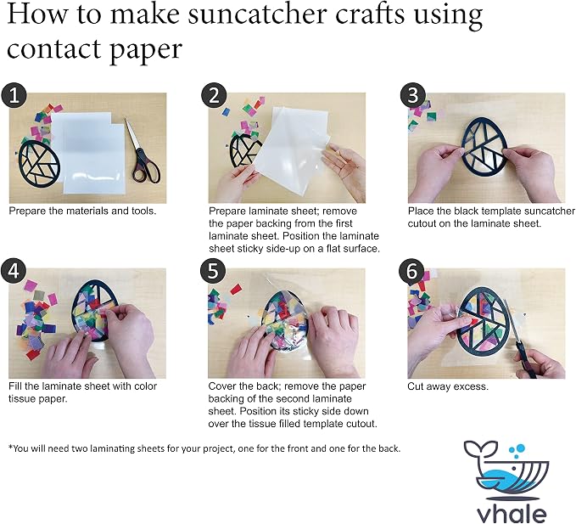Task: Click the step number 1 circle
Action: [x=14, y=95]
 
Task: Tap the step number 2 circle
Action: [x=214, y=95]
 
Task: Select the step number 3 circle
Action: [x=413, y=95]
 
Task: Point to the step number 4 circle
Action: [x=14, y=271]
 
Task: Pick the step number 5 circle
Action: [x=213, y=271]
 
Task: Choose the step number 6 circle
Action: [x=411, y=271]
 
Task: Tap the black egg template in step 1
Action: [x=39, y=164]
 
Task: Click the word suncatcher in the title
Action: [x=257, y=14]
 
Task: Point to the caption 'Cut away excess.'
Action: [x=448, y=386]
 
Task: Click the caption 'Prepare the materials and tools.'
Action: [x=82, y=211]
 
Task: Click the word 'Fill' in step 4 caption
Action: [x=15, y=386]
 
